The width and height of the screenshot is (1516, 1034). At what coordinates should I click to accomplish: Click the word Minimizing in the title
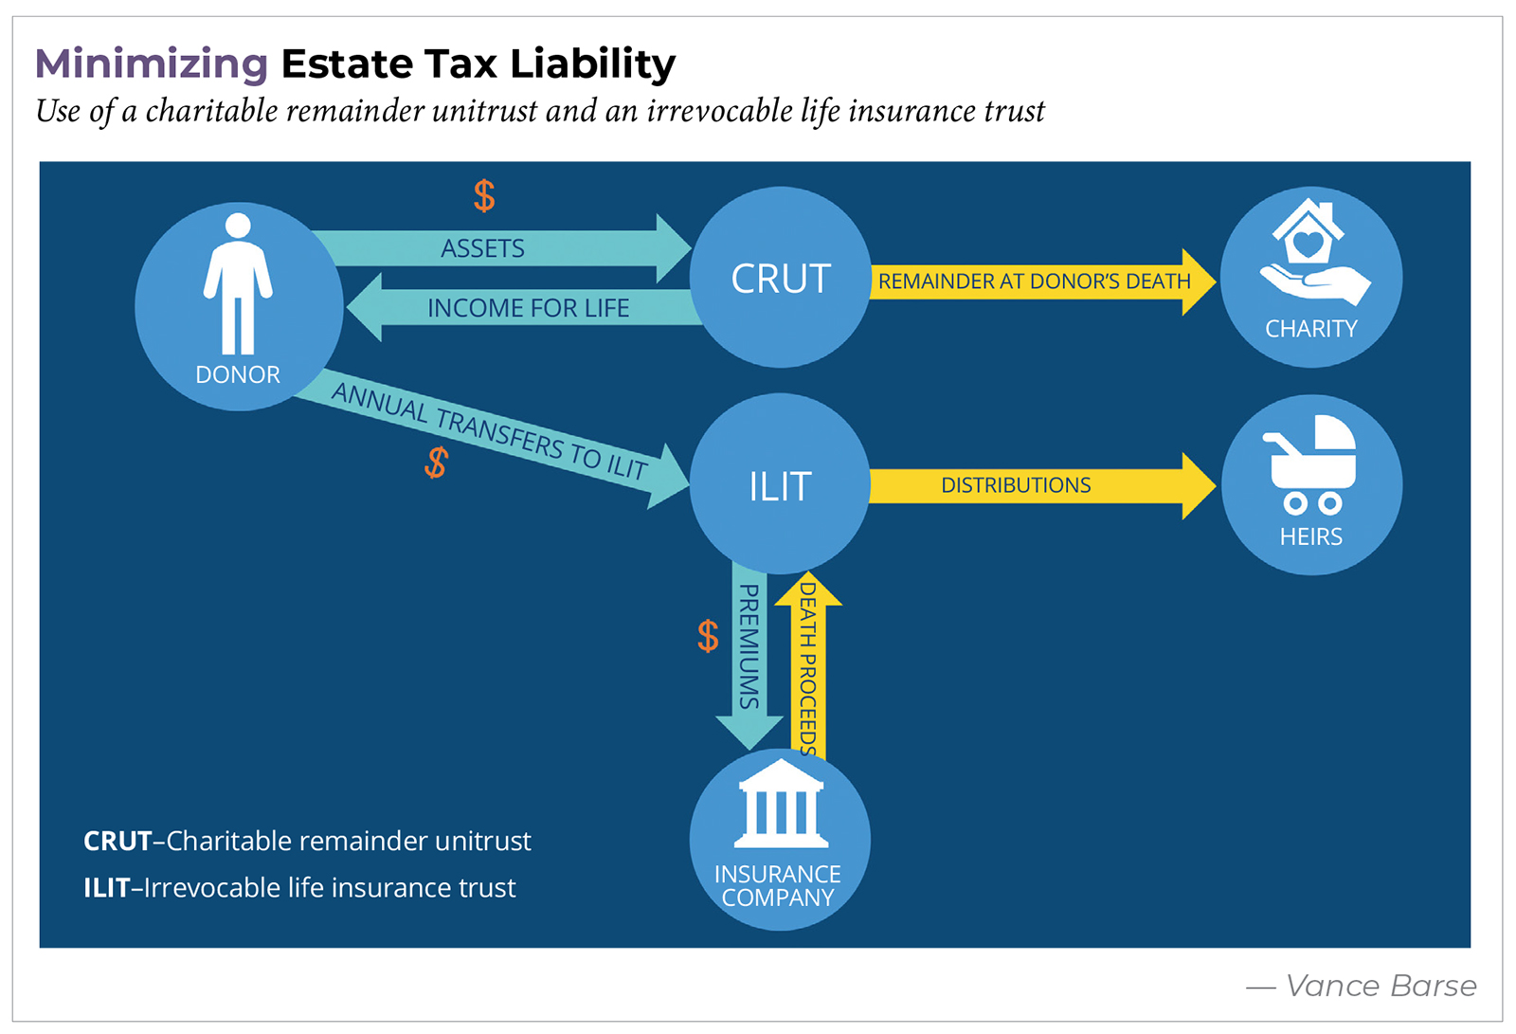pos(152,64)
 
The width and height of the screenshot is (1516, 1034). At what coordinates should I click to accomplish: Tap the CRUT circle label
pos(781,279)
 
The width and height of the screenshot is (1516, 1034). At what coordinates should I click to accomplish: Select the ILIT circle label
pos(780,486)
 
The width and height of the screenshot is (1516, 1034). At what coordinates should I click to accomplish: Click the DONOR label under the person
pos(238,374)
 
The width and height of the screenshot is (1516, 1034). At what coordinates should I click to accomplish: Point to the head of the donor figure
pos(238,226)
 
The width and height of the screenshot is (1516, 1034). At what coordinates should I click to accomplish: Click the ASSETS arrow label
pos(482,248)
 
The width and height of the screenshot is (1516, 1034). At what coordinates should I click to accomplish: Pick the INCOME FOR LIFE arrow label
pos(528,308)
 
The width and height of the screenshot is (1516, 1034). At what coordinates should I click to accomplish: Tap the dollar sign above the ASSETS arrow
pos(484,196)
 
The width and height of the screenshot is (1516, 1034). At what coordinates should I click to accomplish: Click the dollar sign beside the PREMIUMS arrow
pos(708,636)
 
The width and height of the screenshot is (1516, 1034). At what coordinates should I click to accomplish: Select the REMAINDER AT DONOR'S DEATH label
pos(1034,281)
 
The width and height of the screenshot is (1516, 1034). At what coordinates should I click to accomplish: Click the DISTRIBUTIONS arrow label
pos(1016,485)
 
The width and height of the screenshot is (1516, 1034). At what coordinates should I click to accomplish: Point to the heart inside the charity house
pos(1308,244)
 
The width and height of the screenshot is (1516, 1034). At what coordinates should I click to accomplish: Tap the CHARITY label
pos(1311,329)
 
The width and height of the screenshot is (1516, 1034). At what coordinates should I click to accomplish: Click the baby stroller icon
pos(1311,463)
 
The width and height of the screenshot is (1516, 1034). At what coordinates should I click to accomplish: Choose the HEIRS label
pos(1311,536)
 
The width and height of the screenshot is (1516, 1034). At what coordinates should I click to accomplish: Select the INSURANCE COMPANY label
pos(778,885)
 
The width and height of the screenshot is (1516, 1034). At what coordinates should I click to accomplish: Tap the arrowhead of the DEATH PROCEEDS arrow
pos(808,590)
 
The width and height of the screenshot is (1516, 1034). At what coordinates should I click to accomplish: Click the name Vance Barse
pos(1381,987)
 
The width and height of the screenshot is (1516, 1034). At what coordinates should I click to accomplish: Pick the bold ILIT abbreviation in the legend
pos(106,888)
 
